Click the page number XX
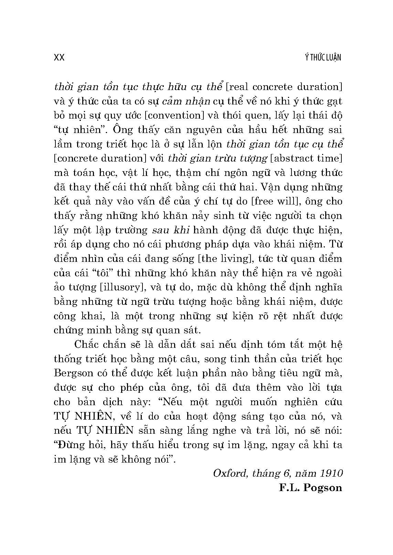(x=60, y=57)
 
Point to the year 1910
(x=331, y=474)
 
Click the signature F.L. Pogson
(x=310, y=488)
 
